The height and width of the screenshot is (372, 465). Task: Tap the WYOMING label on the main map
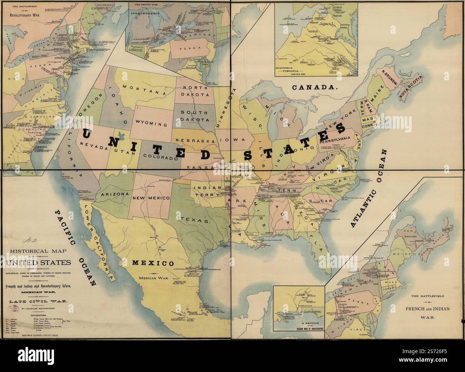(151, 124)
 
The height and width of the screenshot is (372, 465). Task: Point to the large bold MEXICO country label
(153, 263)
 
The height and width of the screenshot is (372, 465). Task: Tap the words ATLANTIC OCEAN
(368, 189)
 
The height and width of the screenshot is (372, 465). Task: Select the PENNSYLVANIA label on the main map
(334, 140)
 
